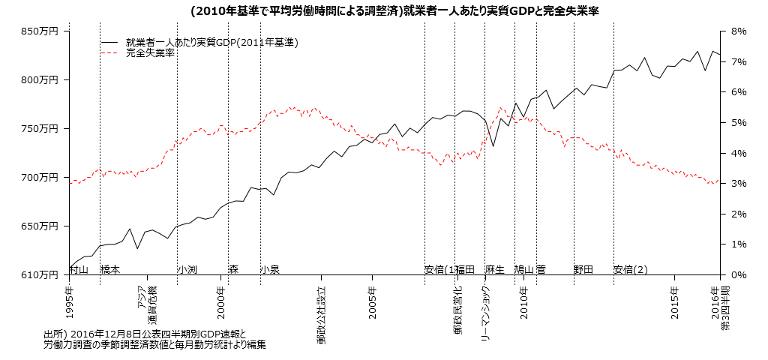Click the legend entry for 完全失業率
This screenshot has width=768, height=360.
[x=150, y=53]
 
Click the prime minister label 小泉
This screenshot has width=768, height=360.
[x=270, y=269]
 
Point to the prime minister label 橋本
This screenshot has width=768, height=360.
[x=110, y=269]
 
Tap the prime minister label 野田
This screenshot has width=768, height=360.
[x=583, y=269]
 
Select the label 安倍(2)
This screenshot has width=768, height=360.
[x=630, y=269]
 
